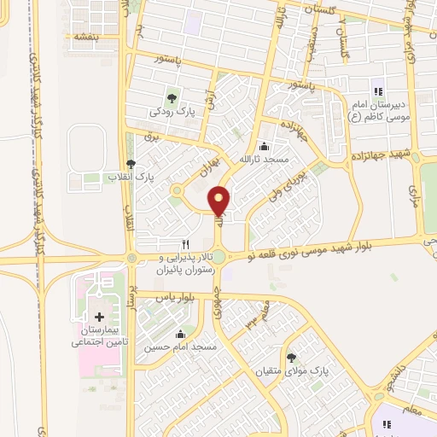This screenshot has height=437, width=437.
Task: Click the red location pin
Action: click(x=220, y=200)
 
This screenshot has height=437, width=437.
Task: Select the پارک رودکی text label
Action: click(x=167, y=111)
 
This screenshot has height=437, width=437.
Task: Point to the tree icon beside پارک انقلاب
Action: click(x=131, y=164)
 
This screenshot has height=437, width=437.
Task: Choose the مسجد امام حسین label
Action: click(x=182, y=348)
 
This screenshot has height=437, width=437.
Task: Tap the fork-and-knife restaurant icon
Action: click(x=184, y=242)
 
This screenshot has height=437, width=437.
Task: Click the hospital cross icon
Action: click(x=101, y=318)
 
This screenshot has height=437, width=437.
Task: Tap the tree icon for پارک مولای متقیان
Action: click(x=292, y=358)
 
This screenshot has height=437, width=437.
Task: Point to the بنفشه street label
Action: click(x=86, y=38)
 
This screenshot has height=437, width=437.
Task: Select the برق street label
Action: click(x=152, y=137)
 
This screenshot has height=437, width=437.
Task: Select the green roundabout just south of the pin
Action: click(x=219, y=257)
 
